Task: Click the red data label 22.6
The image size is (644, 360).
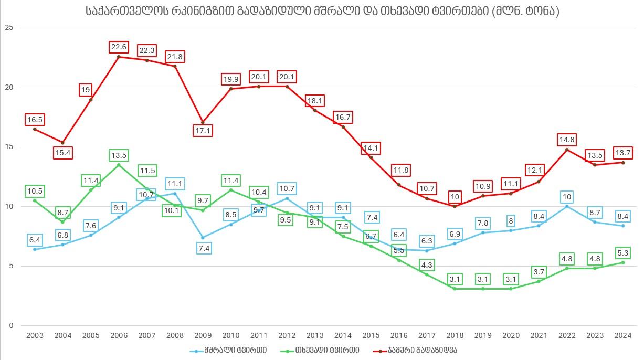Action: click(119, 47)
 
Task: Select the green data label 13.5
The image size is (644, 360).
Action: click(119, 156)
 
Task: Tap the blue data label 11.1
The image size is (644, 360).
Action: click(175, 184)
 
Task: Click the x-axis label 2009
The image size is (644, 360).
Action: click(203, 335)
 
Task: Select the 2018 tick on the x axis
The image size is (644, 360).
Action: click(455, 335)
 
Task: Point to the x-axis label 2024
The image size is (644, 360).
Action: click(623, 335)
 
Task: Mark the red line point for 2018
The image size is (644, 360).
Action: click(455, 206)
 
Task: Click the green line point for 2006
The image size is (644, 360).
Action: click(119, 165)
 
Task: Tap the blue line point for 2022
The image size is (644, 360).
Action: click(567, 206)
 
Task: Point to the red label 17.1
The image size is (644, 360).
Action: click(203, 131)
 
